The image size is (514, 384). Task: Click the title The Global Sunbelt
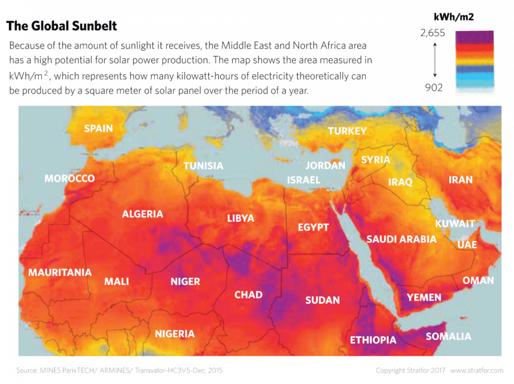click(x=63, y=26)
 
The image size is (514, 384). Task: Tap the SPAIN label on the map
click(x=98, y=129)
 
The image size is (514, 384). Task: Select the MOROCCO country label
click(x=70, y=179)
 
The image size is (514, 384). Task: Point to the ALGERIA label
click(x=143, y=214)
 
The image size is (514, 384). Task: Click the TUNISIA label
click(x=203, y=166)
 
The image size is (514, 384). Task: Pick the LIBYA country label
click(x=241, y=219)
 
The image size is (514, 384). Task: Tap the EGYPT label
click(x=313, y=227)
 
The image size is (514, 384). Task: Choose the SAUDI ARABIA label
click(x=401, y=239)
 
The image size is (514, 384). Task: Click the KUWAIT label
click(x=455, y=223)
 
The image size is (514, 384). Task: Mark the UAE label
click(x=467, y=245)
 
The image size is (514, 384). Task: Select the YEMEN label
click(x=424, y=297)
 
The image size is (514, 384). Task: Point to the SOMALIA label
click(x=448, y=336)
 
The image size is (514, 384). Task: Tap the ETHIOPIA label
click(x=373, y=340)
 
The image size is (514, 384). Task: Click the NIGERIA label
click(x=174, y=334)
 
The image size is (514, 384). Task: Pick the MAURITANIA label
click(x=60, y=273)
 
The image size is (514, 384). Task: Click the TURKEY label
click(x=347, y=131)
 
